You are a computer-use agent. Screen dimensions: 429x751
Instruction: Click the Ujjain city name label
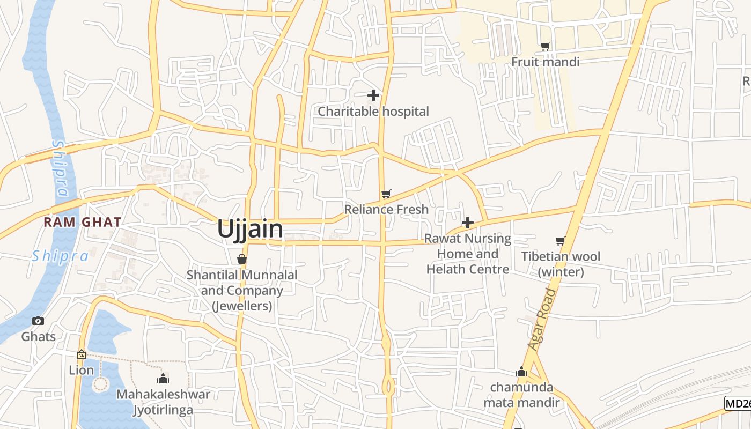[x=250, y=229]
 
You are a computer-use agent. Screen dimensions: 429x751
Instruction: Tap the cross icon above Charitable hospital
[x=373, y=96]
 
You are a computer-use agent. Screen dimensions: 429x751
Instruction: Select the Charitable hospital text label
[x=373, y=112]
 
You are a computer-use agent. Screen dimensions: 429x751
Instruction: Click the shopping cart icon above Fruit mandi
[x=546, y=47]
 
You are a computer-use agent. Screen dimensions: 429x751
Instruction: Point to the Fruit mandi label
[x=546, y=62]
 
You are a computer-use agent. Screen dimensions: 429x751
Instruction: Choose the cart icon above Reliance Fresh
[x=386, y=194]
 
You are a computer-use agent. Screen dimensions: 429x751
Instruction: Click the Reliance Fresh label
[x=386, y=209]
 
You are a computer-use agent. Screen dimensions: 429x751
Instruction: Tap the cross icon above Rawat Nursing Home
[x=468, y=223]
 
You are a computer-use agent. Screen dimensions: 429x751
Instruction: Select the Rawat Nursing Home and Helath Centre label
[x=468, y=254]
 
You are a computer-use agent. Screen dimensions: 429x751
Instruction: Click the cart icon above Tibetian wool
[x=561, y=241]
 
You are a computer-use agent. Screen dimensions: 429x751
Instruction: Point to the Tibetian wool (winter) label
[x=561, y=264]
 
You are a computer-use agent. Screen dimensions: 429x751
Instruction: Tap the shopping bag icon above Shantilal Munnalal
[x=242, y=260]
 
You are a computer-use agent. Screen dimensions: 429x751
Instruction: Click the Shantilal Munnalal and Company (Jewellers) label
[x=242, y=291]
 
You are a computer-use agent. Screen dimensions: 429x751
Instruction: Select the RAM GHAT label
[x=83, y=222]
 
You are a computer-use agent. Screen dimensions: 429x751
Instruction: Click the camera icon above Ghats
[x=38, y=321]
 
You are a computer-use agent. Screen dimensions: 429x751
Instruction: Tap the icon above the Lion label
[x=82, y=354]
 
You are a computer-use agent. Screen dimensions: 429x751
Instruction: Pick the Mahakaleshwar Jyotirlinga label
[x=163, y=402]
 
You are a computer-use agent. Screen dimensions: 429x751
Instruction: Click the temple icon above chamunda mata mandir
[x=521, y=372]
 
